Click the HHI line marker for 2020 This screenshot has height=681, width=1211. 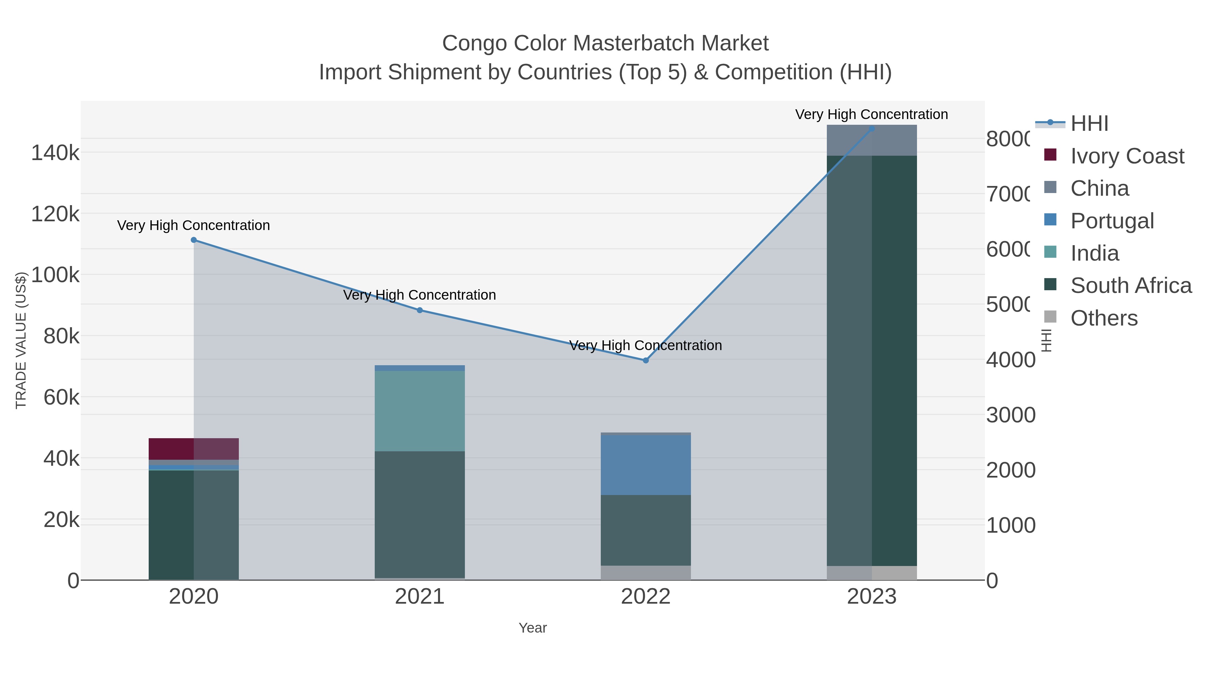[194, 240]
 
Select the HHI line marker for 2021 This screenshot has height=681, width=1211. [420, 310]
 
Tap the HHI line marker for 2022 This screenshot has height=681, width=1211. [646, 361]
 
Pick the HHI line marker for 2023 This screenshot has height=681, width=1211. [872, 128]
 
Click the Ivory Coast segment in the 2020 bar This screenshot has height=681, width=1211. [194, 449]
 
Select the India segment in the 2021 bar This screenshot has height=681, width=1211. [420, 411]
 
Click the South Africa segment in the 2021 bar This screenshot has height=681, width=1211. [420, 515]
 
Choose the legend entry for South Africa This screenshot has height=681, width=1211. [1131, 286]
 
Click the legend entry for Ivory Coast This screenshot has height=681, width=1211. [1127, 156]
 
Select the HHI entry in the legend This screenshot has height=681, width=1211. [1089, 124]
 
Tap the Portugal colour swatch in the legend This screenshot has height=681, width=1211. [1050, 220]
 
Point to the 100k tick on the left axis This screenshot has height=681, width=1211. [55, 275]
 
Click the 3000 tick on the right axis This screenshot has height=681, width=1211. [1010, 415]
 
